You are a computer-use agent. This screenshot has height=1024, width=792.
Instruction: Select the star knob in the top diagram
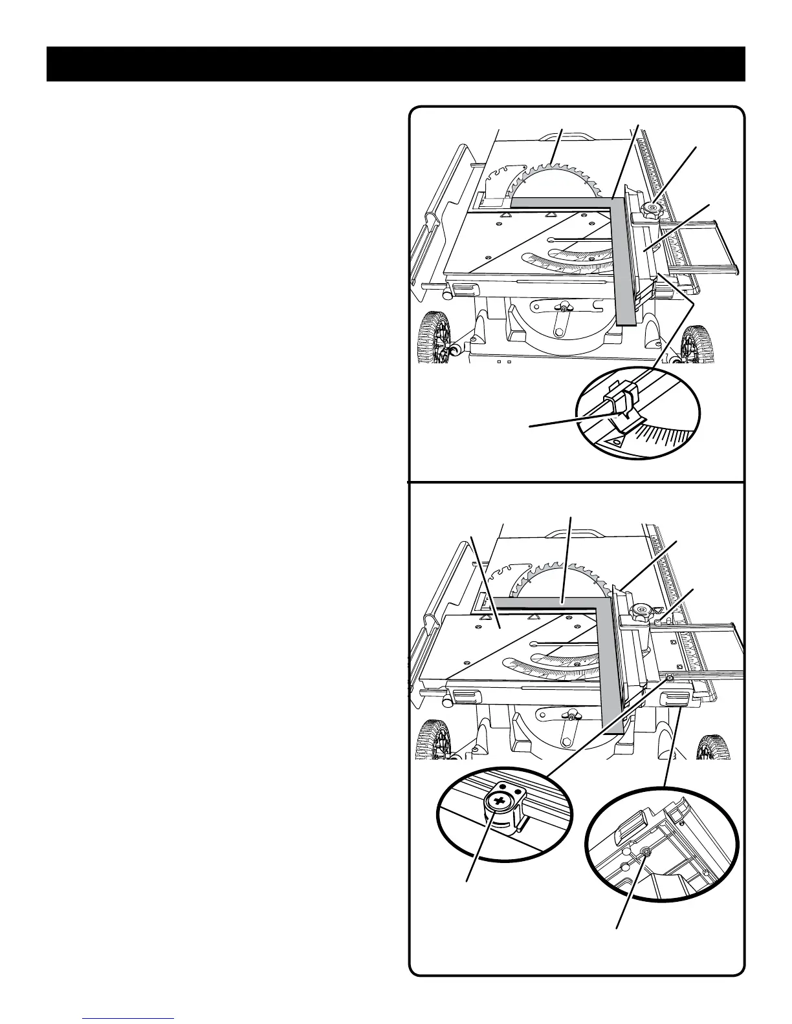650,208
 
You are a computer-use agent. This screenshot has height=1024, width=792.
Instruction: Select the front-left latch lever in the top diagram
462,288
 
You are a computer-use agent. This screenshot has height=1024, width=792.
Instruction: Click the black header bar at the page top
395,64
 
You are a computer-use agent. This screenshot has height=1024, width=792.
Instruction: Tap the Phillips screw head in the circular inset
499,803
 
